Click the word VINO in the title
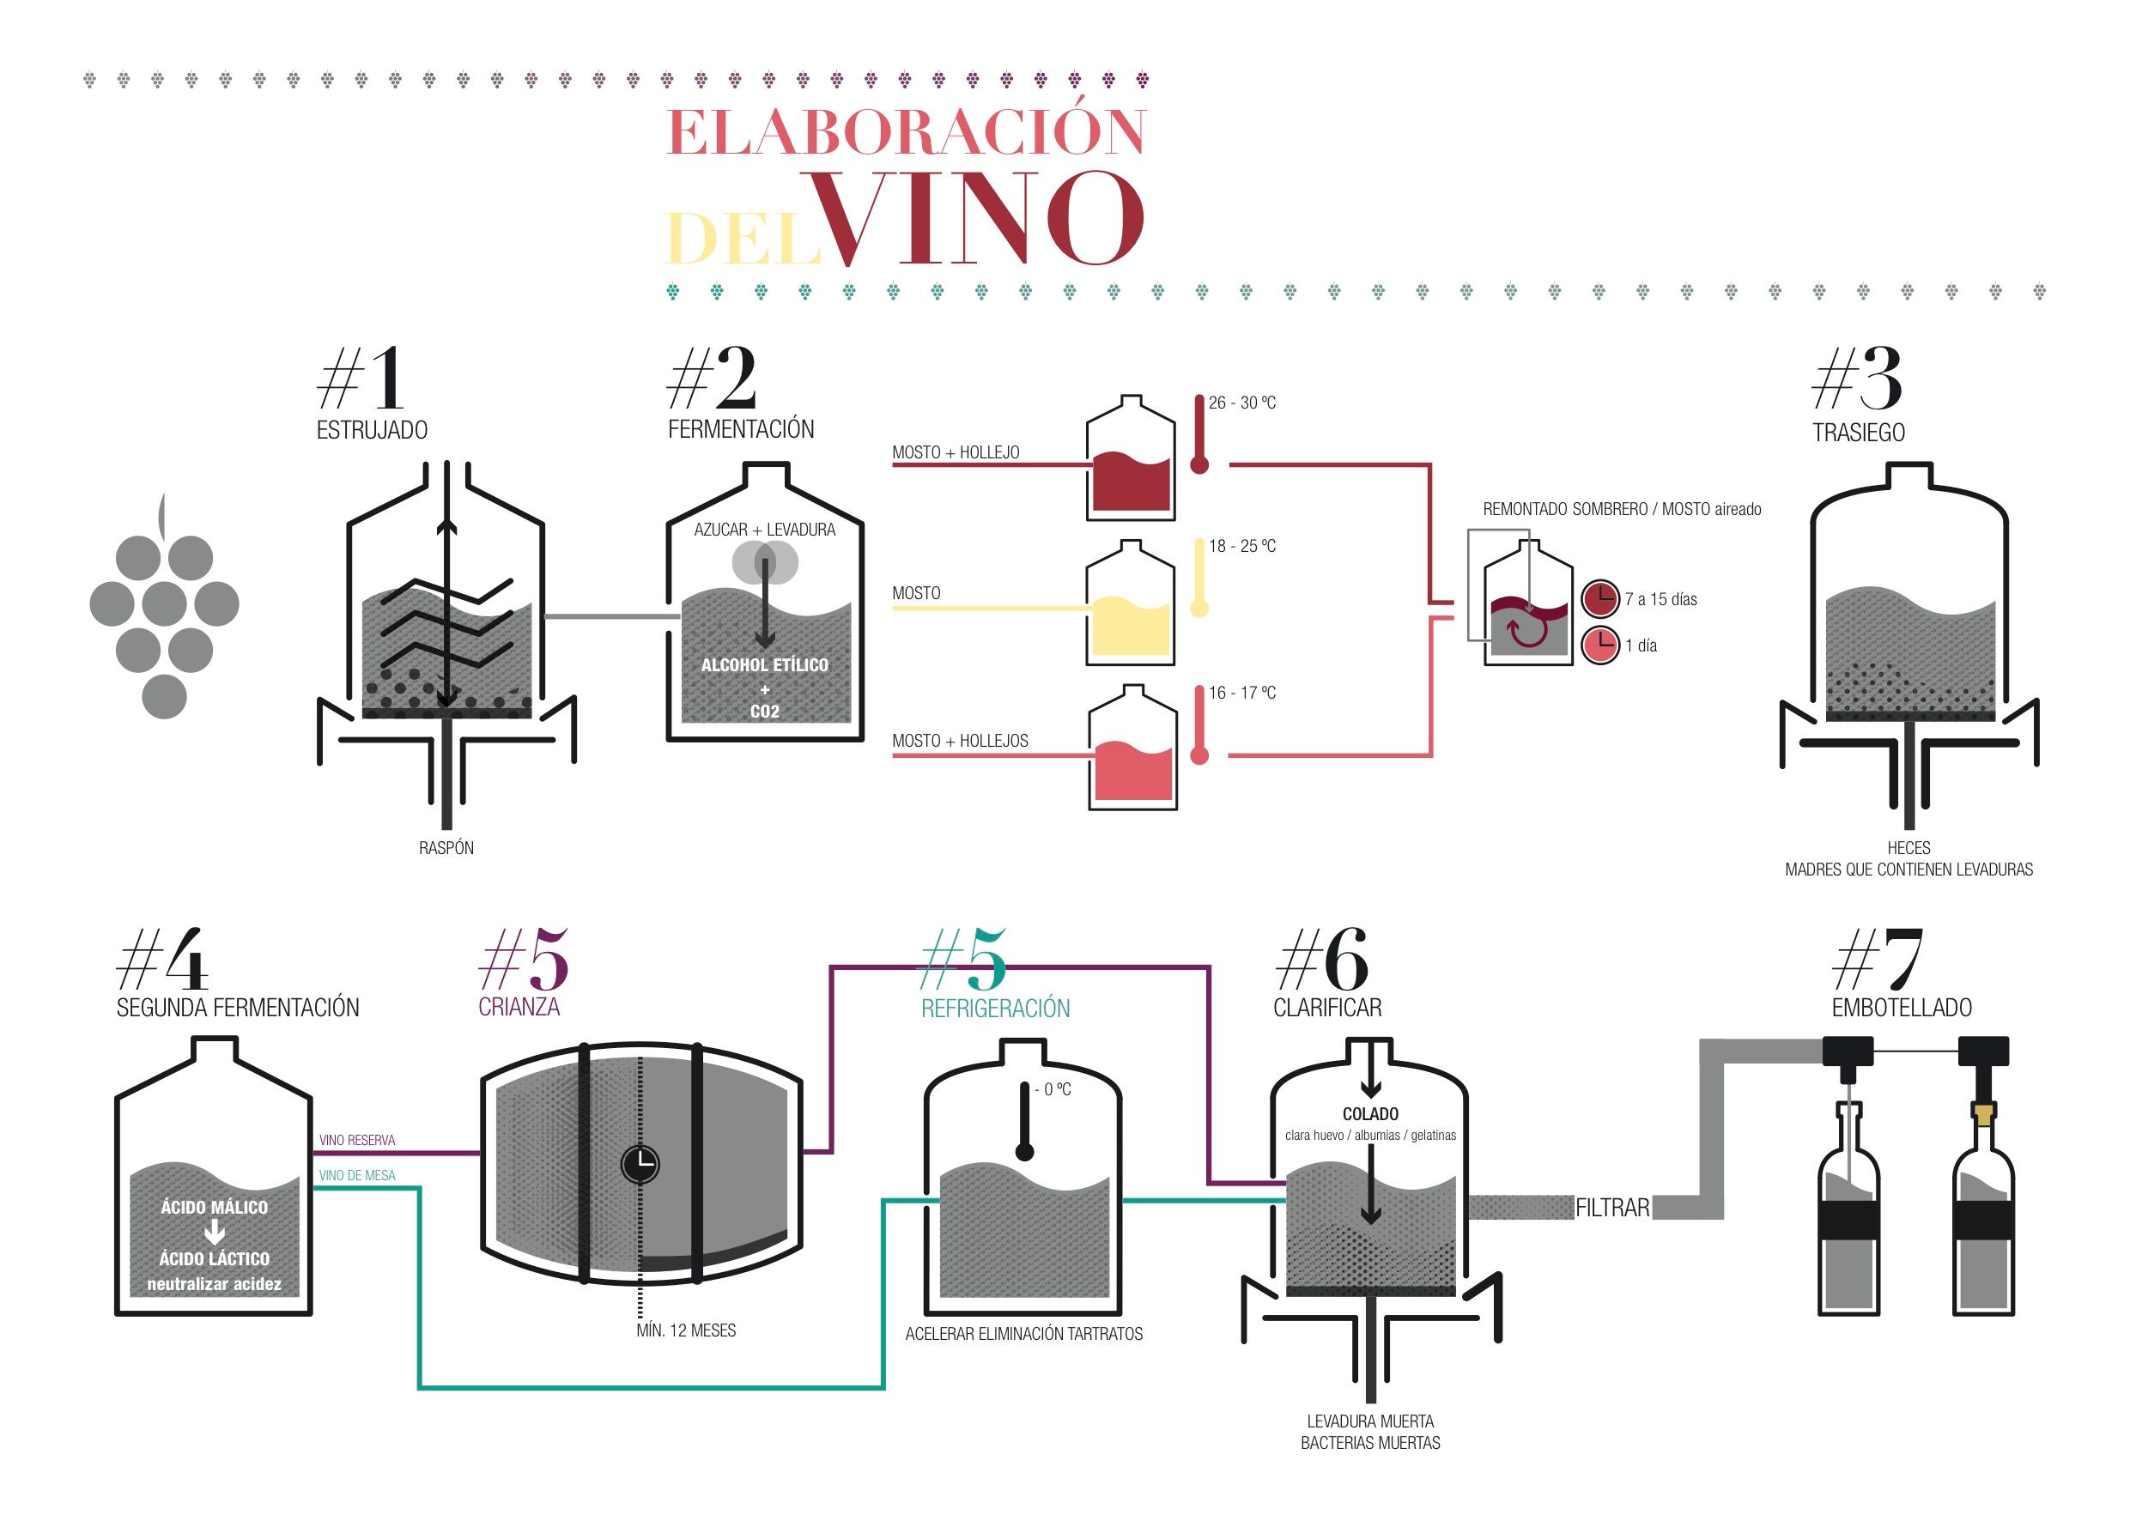coord(975,218)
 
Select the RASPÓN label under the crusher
coord(446,847)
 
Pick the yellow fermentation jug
coord(1131,603)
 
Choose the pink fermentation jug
coord(1132,748)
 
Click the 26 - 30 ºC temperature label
coord(1242,403)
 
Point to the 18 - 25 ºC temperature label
coord(1242,546)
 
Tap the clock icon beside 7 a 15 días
coord(1601,598)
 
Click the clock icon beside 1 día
coord(1601,645)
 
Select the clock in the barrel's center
coord(640,1164)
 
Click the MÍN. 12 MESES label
coord(686,1330)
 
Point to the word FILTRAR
coord(1612,1209)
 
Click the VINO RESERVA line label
coord(357,1140)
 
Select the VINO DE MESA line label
coord(357,1175)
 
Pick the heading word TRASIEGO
coord(1859,433)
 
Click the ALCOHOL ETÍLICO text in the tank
coord(764,665)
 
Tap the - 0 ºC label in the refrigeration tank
coord(1053,1089)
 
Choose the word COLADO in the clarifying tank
coord(1370,1113)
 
